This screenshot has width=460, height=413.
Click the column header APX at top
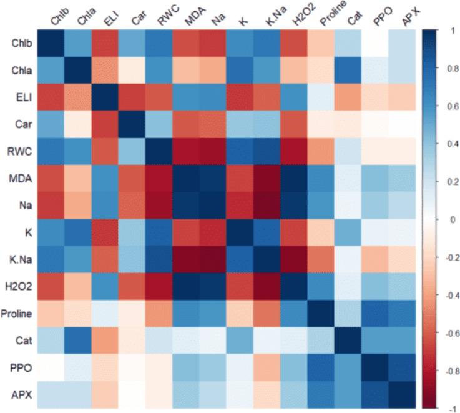click(x=408, y=17)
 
